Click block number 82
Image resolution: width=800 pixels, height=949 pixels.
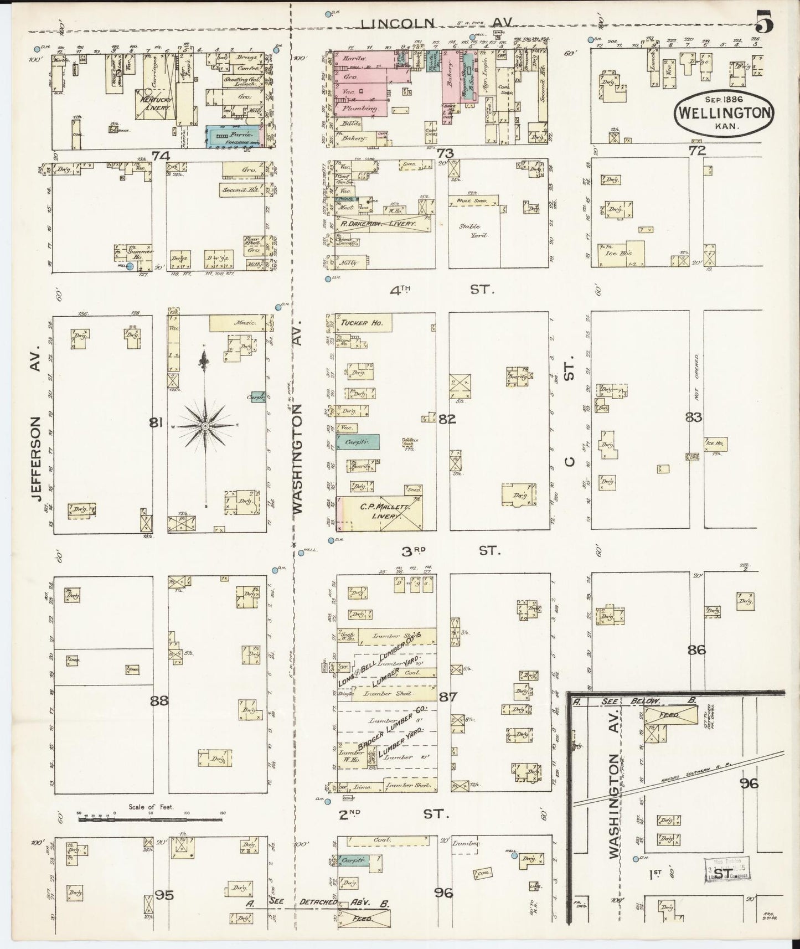[x=447, y=419]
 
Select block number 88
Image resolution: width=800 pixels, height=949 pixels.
[x=159, y=700]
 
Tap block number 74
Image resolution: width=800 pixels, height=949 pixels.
[x=161, y=156]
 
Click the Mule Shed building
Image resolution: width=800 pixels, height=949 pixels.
[x=471, y=200]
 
